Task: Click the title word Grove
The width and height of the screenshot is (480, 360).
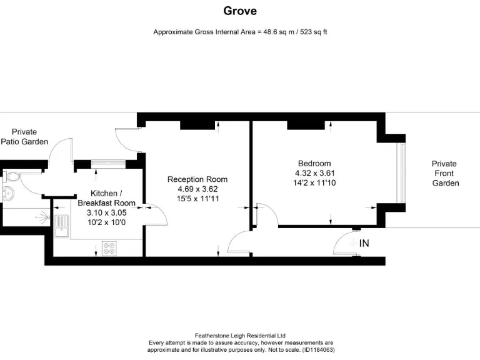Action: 240,11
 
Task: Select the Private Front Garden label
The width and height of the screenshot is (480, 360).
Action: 445,173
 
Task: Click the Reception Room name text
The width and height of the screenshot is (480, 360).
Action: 197,179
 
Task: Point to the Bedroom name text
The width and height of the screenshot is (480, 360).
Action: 314,164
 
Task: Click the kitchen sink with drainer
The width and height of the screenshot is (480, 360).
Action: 61,227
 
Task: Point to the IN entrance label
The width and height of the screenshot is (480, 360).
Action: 364,243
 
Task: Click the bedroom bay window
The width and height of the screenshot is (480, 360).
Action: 402,173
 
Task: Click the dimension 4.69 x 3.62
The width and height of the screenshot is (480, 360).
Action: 197,189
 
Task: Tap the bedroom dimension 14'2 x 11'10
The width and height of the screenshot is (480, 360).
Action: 314,182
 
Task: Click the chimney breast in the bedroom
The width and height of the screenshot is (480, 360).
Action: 307,126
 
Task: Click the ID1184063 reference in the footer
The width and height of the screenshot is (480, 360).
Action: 317,350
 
